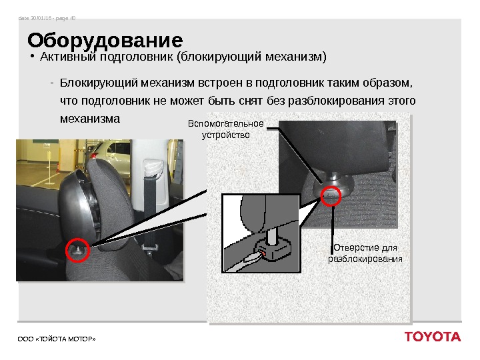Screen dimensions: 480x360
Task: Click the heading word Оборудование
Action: (105, 41)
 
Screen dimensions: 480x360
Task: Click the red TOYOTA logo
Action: (433, 337)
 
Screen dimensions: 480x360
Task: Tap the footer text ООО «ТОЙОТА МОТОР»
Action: (57, 339)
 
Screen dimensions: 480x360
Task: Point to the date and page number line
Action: (47, 19)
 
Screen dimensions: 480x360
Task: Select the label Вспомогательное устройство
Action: (225, 129)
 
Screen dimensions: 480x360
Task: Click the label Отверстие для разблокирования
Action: (365, 253)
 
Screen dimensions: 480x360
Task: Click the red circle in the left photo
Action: (78, 250)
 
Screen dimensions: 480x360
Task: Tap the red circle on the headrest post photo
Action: (331, 196)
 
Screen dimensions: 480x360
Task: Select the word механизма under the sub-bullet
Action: (90, 119)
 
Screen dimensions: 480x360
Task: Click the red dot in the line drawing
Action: (263, 253)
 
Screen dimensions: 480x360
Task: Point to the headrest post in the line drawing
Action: (272, 236)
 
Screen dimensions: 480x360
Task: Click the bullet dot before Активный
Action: (32, 57)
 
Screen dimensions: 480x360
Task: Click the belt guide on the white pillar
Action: (152, 169)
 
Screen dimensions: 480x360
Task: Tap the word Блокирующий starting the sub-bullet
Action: (99, 83)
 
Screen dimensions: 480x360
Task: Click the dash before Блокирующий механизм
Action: (52, 83)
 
